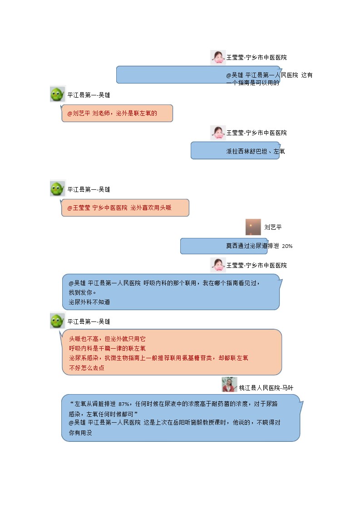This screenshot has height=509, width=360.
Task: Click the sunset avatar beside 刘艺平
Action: point(253,227)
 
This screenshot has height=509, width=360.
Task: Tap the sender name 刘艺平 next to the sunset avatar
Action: point(273,227)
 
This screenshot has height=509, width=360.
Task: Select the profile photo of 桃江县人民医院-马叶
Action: point(230,385)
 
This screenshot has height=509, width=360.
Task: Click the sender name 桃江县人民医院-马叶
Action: point(266,388)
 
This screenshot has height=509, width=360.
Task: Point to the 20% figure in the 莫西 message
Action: point(287,246)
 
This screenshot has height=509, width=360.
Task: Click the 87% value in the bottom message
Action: point(124,404)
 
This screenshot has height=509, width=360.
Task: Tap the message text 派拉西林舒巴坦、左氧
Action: point(256,151)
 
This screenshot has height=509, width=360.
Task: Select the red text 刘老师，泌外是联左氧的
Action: point(125,114)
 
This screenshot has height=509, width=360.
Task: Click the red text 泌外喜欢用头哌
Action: point(151,208)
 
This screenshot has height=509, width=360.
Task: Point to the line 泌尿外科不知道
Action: point(89,302)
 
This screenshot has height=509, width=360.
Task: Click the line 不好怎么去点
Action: point(87,368)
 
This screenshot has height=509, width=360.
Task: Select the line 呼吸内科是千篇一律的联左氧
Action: point(108,348)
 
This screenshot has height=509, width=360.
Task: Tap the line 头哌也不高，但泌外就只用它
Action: point(108,339)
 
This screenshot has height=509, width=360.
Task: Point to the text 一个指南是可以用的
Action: point(252,83)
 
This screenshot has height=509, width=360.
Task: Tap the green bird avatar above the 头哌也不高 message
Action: point(58,321)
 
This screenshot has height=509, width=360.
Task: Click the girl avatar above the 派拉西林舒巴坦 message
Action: point(218,133)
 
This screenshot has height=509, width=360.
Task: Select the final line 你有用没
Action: point(80,433)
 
